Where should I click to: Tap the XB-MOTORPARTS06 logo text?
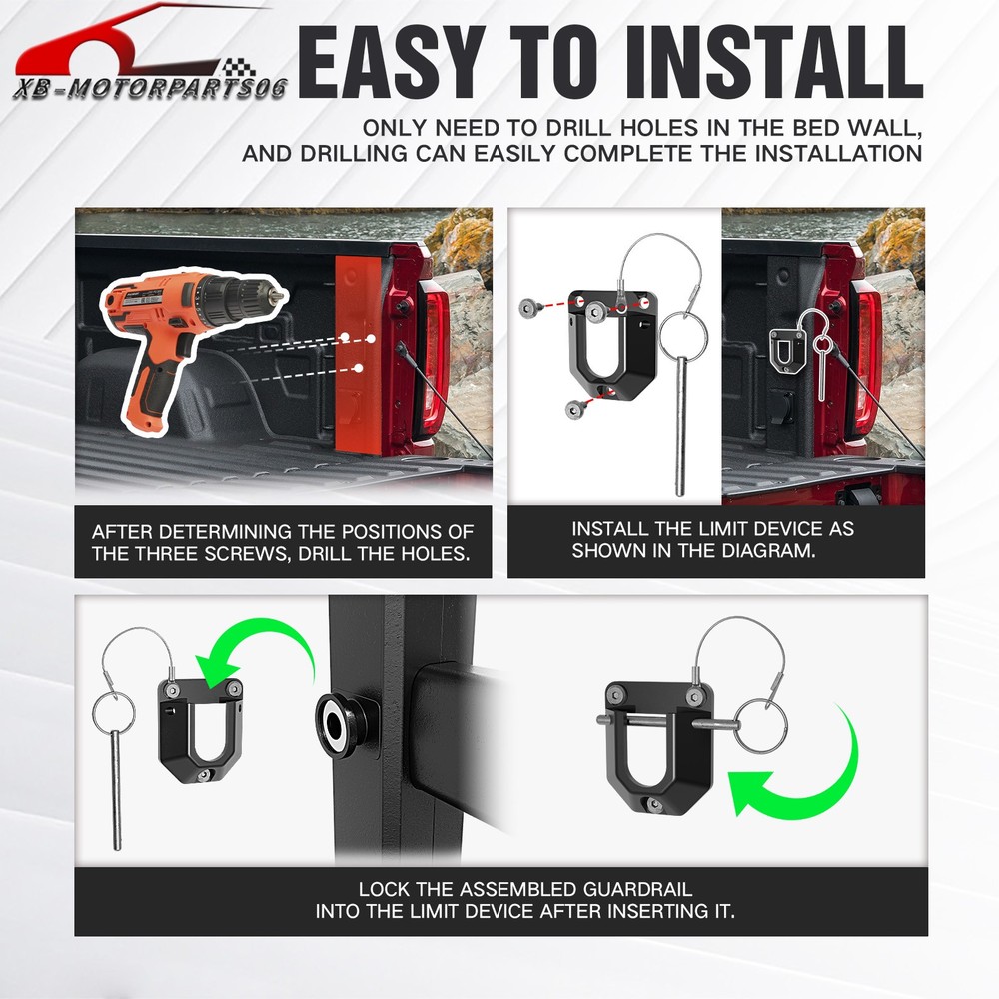[151, 89]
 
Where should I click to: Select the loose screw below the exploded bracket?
[576, 408]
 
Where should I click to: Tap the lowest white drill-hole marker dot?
[359, 368]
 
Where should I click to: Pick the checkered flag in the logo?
[239, 67]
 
